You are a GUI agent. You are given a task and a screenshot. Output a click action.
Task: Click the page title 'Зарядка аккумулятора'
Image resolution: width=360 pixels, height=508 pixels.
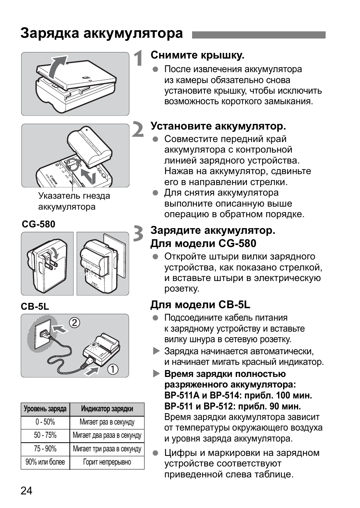point(102,34)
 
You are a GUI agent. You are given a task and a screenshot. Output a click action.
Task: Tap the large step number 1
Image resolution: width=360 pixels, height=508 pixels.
point(138,59)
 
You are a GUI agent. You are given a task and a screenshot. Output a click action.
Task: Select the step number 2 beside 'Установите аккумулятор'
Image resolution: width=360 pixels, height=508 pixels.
point(138,130)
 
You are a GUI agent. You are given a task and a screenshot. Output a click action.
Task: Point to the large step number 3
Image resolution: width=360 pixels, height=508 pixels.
point(138,233)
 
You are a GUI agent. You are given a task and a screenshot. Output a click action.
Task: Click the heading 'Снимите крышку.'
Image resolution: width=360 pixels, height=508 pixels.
point(197,55)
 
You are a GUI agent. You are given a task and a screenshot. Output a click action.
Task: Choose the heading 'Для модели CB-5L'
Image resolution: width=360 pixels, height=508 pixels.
point(200,305)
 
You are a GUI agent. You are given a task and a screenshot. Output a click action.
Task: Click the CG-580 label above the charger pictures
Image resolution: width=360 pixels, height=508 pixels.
point(38,224)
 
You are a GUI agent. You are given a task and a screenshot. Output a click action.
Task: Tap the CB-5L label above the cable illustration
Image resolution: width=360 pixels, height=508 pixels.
point(35,306)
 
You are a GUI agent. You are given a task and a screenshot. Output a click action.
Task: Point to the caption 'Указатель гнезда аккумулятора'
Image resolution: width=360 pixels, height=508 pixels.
point(74,201)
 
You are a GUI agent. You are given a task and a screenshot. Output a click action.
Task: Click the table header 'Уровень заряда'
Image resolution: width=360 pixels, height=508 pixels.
point(45,409)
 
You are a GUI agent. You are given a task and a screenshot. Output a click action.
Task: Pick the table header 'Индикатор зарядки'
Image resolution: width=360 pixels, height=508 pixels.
point(107,409)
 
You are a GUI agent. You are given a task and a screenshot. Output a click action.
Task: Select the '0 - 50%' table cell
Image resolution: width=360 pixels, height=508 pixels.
point(45,422)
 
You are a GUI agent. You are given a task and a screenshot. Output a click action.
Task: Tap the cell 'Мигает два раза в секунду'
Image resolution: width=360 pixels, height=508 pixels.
point(107,435)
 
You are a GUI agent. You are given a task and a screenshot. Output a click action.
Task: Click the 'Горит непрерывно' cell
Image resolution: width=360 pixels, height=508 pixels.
point(107,462)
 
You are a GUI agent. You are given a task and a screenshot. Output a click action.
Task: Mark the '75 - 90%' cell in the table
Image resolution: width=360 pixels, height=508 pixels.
point(45,449)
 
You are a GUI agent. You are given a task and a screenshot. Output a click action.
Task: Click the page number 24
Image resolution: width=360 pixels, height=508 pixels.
point(26,491)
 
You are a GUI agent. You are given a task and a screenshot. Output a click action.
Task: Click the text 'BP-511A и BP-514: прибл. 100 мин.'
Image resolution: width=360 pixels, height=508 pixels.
point(238,395)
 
